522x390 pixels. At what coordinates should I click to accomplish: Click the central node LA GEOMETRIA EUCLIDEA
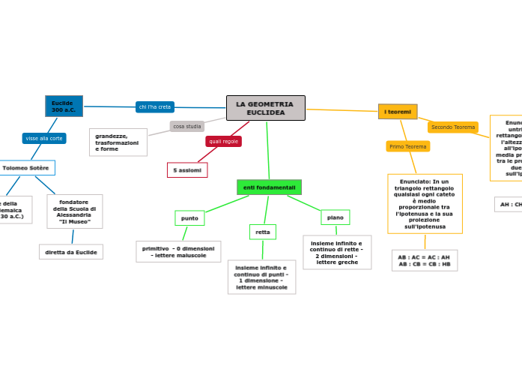click(265, 108)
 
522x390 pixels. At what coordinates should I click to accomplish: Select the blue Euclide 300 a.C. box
click(64, 106)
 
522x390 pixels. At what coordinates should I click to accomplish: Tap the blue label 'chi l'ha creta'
click(154, 106)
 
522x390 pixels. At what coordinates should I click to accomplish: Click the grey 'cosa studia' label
click(186, 126)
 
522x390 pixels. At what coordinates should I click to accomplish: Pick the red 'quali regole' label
click(223, 141)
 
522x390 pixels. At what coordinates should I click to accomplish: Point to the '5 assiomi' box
click(187, 170)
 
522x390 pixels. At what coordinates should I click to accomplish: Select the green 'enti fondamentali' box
click(269, 187)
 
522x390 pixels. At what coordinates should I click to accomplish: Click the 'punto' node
click(189, 217)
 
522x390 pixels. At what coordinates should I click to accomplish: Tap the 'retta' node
click(262, 232)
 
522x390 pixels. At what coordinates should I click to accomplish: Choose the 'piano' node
click(335, 217)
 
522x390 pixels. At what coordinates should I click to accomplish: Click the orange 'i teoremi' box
click(398, 112)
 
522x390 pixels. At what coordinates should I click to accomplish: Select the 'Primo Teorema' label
click(407, 146)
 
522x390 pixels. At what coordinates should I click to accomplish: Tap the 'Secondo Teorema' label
click(452, 127)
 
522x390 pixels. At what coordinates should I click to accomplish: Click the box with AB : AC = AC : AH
click(424, 260)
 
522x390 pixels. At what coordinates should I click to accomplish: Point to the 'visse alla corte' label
click(44, 138)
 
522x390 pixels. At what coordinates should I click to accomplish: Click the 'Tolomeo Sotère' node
click(26, 168)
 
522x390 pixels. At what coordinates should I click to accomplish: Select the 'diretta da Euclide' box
click(71, 252)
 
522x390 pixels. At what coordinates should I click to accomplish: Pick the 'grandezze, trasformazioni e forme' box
click(118, 142)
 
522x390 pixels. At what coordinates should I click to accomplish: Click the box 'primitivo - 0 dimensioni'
click(178, 251)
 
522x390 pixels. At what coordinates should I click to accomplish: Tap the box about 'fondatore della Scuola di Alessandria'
click(74, 211)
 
